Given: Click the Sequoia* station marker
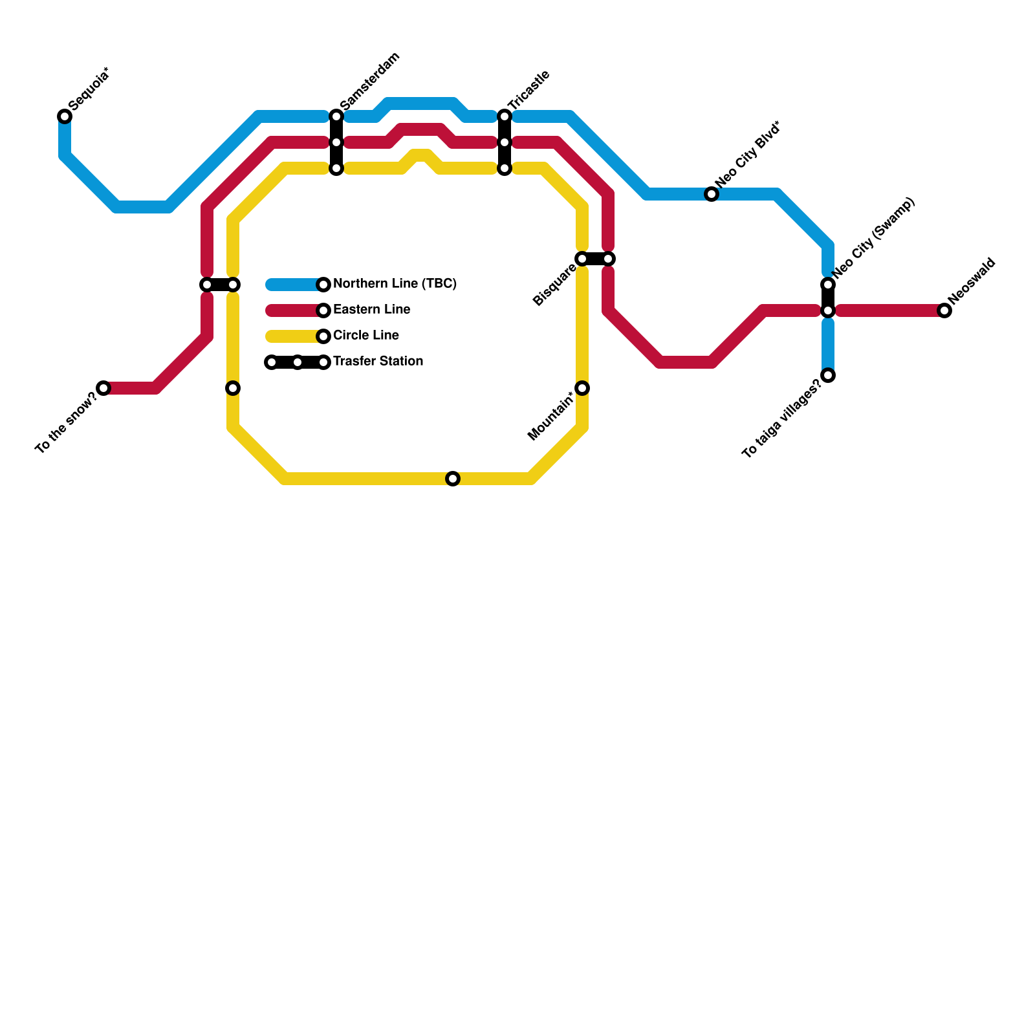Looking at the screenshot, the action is coord(65,116).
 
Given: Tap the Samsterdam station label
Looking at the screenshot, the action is coord(369,81).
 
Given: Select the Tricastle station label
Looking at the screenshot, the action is coord(528,90).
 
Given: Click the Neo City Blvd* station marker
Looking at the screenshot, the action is coord(712,194).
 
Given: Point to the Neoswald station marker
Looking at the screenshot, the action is coord(944,310).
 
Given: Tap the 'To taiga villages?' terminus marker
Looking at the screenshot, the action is coord(828,375).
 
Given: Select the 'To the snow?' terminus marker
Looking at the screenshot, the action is coord(103,388).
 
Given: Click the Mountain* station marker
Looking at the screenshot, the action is coord(582,388).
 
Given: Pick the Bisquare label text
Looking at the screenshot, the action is coord(554,285).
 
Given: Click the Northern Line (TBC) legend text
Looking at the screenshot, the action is coord(395,284).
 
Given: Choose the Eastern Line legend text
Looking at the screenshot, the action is coord(371,310).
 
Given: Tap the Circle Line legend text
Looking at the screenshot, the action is coord(365,336).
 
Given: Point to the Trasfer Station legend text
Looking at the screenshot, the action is coord(378,362).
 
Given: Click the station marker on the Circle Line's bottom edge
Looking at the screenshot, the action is coord(453,479).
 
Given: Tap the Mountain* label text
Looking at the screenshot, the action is coord(550,416).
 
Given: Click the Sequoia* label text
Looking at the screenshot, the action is coord(89,89).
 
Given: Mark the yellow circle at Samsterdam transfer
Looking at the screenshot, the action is coord(336,168).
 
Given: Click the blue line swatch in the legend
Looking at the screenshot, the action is coord(294,285).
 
